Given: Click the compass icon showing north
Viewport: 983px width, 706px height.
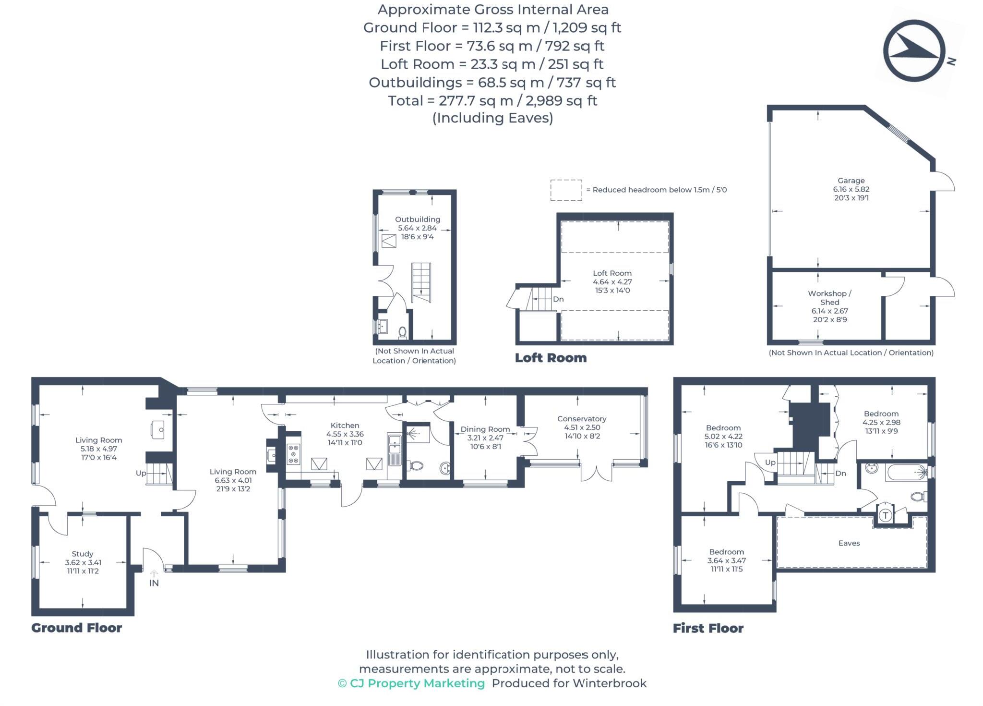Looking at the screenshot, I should (914, 51).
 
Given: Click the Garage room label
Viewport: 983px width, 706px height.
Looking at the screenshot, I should (851, 181).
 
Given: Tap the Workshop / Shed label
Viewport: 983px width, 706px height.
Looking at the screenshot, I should (829, 298).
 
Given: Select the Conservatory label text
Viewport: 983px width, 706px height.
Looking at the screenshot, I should (581, 419).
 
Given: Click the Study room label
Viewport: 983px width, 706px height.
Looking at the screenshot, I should (83, 554).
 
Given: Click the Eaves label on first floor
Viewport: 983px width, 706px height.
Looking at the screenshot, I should (849, 543).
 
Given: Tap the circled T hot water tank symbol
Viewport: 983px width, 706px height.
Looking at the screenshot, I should (886, 515).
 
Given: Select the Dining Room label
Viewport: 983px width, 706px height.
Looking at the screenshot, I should (485, 429).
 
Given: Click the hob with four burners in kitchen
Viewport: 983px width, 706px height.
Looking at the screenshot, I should (293, 454).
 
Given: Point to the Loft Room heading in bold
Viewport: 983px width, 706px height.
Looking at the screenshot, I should (551, 358).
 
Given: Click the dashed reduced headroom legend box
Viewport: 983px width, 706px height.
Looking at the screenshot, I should (566, 190).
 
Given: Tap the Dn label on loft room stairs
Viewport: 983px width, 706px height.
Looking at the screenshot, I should (558, 299).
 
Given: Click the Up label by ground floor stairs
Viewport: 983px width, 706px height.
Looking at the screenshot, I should (141, 473).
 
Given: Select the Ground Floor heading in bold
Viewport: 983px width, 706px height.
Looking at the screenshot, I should (77, 628).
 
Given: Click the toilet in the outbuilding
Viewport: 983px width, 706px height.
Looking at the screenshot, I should (402, 331).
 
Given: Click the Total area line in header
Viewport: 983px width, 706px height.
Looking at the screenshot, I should (492, 101).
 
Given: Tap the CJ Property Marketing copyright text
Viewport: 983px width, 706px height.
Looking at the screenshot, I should (411, 683).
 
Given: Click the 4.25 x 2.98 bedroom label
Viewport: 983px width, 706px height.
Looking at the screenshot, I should (881, 423).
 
